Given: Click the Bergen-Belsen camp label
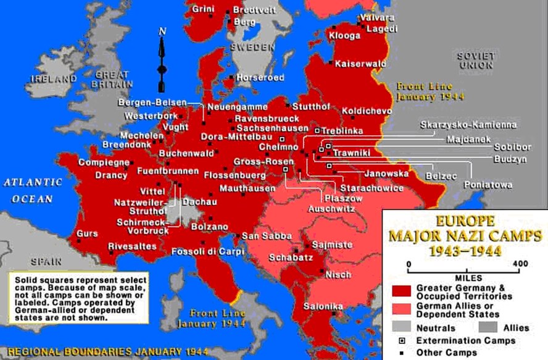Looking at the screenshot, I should click(151, 103).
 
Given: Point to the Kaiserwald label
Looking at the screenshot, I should click(361, 64).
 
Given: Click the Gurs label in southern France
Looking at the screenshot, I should click(86, 234).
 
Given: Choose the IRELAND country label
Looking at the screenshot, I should click(51, 79).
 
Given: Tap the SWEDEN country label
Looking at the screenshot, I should click(252, 47).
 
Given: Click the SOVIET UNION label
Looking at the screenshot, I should click(476, 61).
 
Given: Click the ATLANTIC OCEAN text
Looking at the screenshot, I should click(32, 191).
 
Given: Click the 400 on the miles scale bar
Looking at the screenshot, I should click(520, 264).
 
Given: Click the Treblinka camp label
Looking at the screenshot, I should click(341, 131).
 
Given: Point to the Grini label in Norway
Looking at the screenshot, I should click(203, 9).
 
